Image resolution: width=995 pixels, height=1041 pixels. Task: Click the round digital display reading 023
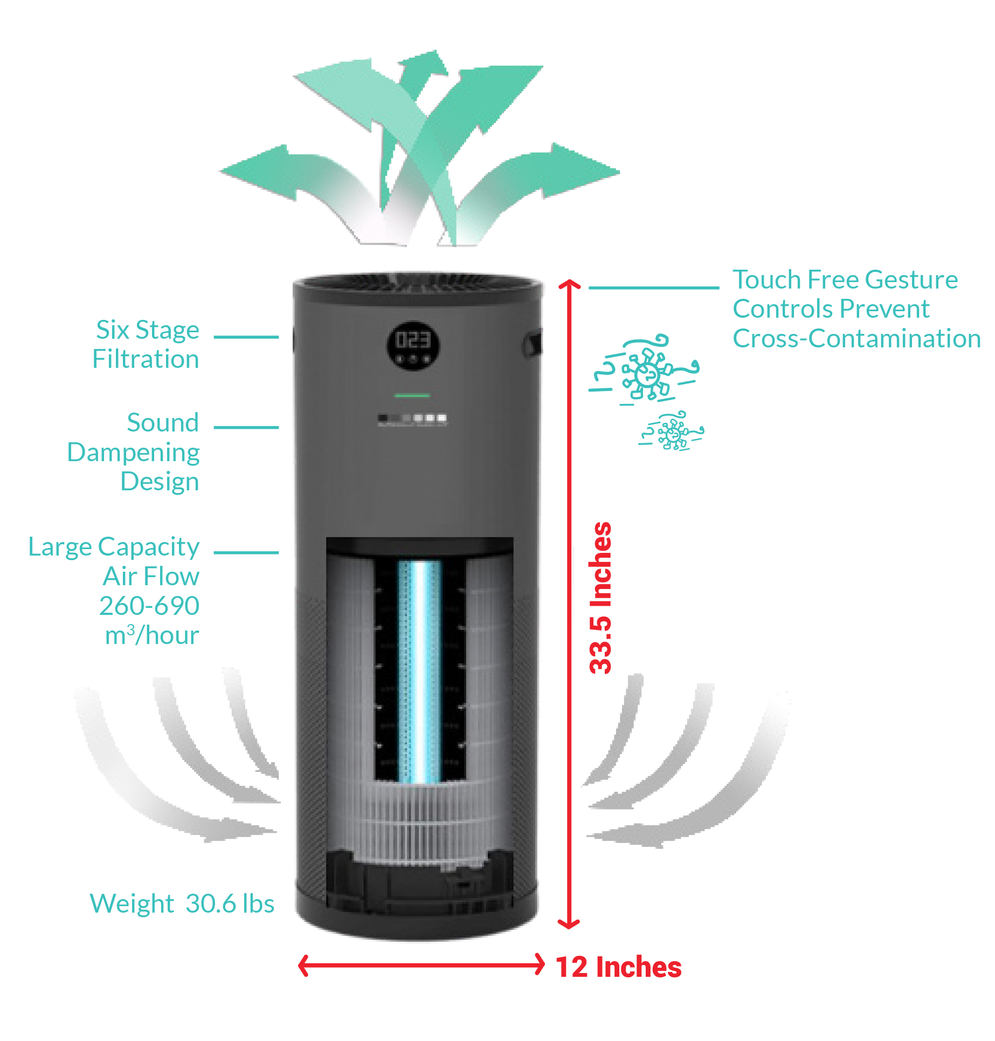point(413,346)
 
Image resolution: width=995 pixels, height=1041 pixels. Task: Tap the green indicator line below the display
point(412,396)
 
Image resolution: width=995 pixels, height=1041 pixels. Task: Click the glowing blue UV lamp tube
point(419,671)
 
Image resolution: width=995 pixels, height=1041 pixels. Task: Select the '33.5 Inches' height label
point(600,598)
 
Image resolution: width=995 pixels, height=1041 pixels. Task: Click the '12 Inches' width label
point(619,967)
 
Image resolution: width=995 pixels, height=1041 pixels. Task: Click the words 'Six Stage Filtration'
point(146,344)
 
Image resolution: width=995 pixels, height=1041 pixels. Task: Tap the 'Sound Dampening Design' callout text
point(134,452)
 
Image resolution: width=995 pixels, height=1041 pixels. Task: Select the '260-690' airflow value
point(150,606)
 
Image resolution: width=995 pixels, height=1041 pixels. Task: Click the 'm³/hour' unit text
point(152,635)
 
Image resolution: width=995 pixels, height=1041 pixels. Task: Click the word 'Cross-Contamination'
point(857,339)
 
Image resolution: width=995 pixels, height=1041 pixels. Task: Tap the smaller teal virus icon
point(672,432)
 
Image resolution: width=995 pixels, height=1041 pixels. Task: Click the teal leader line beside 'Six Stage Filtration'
point(246,337)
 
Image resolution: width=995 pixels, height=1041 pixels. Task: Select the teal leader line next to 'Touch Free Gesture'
point(654,287)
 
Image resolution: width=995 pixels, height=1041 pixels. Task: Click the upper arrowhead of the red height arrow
point(569,284)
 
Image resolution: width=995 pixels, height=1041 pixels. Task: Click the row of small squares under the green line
point(412,419)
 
